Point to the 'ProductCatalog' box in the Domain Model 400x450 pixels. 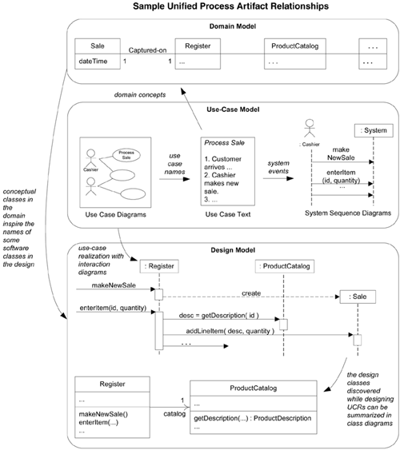coord(295,46)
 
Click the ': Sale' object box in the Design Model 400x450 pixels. coord(357,297)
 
